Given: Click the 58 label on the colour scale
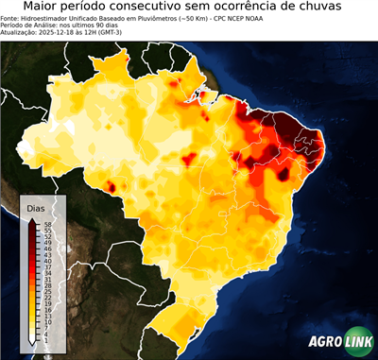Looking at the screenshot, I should [x=44, y=223].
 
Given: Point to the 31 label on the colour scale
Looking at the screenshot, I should [x=44, y=279].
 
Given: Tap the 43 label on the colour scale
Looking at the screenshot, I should [x=44, y=254].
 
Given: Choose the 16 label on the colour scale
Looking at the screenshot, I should [x=44, y=310].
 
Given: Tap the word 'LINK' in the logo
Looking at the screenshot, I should [x=359, y=343].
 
